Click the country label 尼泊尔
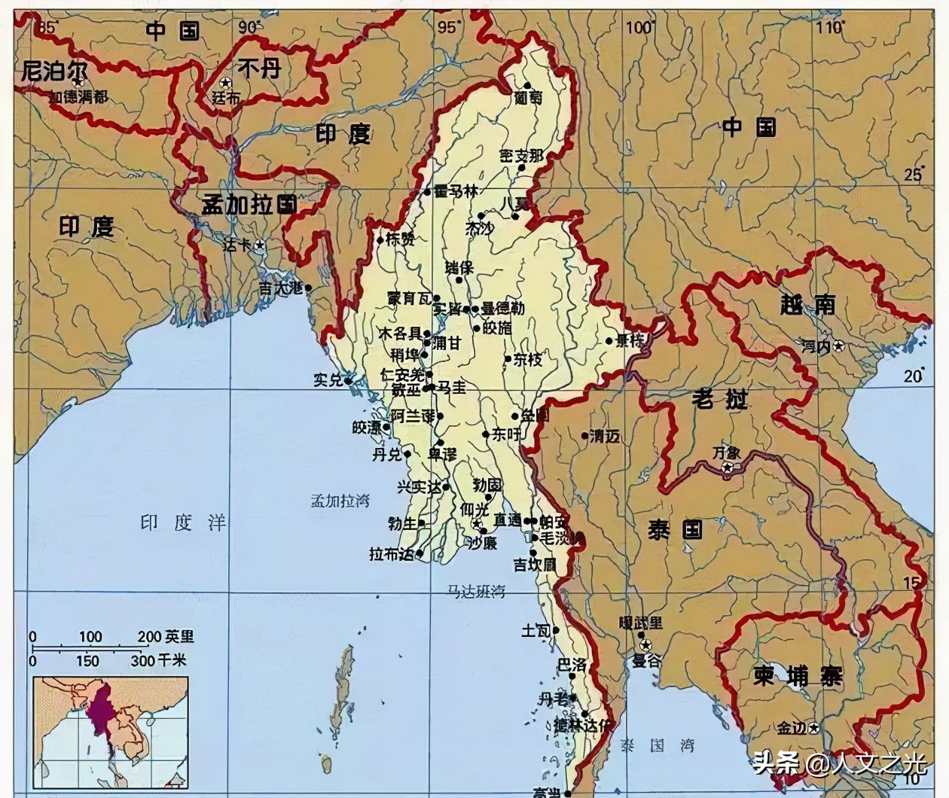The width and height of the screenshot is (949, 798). (54, 72)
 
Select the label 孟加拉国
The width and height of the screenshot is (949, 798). (249, 204)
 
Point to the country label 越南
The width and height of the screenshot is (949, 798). (808, 304)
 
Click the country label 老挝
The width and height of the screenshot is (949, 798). (719, 398)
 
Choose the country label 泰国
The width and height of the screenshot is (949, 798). (675, 530)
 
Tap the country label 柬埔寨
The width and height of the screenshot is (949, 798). (798, 676)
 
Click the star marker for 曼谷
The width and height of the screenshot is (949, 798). (645, 645)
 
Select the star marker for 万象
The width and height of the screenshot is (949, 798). (728, 468)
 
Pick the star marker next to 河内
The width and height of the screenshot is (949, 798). (838, 346)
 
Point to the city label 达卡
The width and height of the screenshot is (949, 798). (238, 245)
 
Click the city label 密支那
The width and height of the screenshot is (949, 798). (521, 156)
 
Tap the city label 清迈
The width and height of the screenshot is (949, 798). (605, 435)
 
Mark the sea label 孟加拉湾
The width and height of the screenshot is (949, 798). (340, 501)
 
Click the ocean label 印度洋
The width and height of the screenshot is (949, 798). (183, 522)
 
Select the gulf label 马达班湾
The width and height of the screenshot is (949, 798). (476, 591)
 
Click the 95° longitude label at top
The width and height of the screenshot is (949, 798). (447, 27)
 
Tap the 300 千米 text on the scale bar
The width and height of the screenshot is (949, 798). (158, 660)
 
